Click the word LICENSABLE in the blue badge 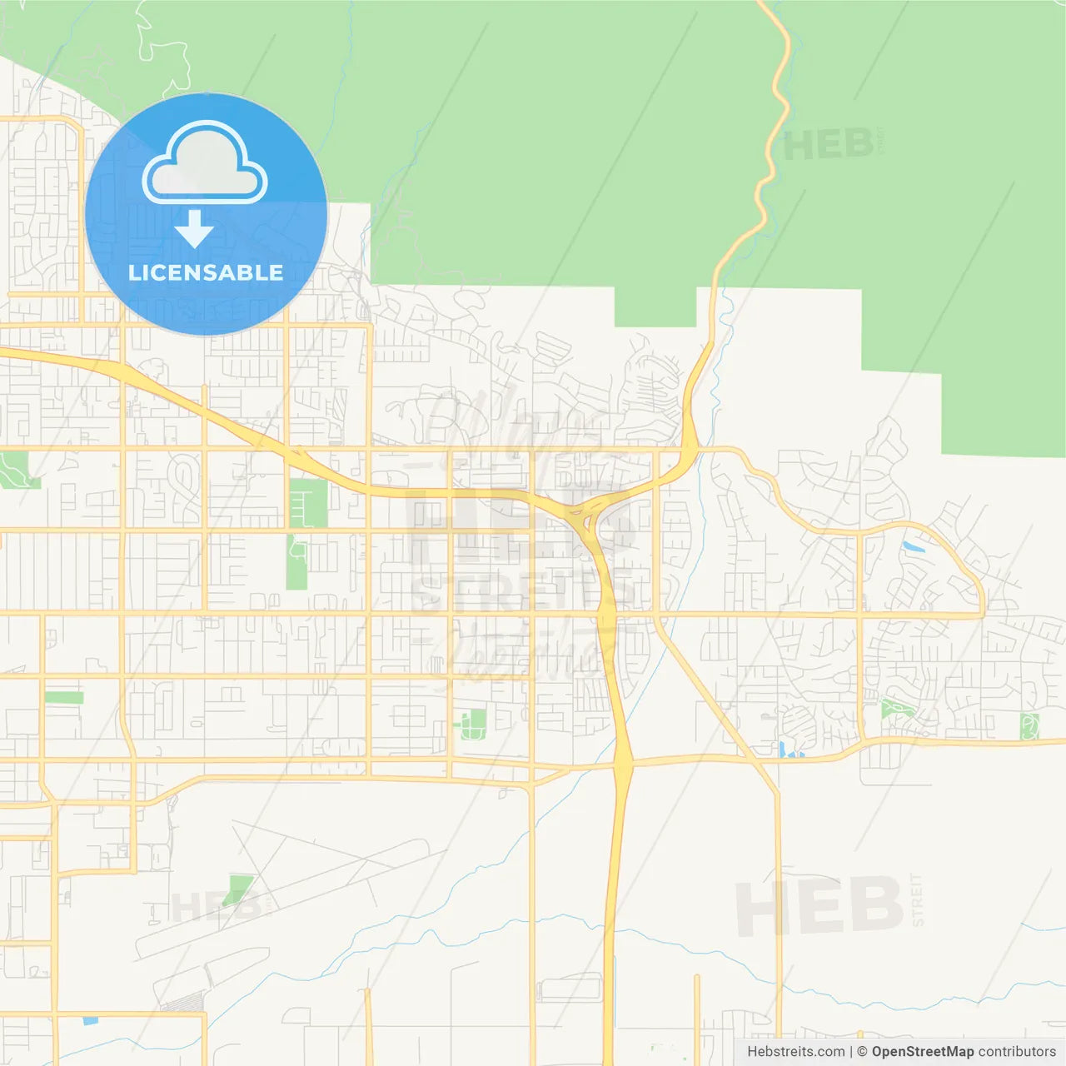click(205, 272)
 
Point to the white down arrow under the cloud click(194, 229)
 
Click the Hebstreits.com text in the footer click(795, 1052)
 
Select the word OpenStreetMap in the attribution click(922, 1052)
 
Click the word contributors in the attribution click(1017, 1052)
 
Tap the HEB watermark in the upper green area click(828, 146)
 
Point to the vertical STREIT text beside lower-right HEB click(918, 900)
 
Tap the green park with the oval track click(473, 724)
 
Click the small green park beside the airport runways click(240, 888)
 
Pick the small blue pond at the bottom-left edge click(90, 1019)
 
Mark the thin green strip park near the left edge click(64, 697)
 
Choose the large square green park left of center click(308, 503)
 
